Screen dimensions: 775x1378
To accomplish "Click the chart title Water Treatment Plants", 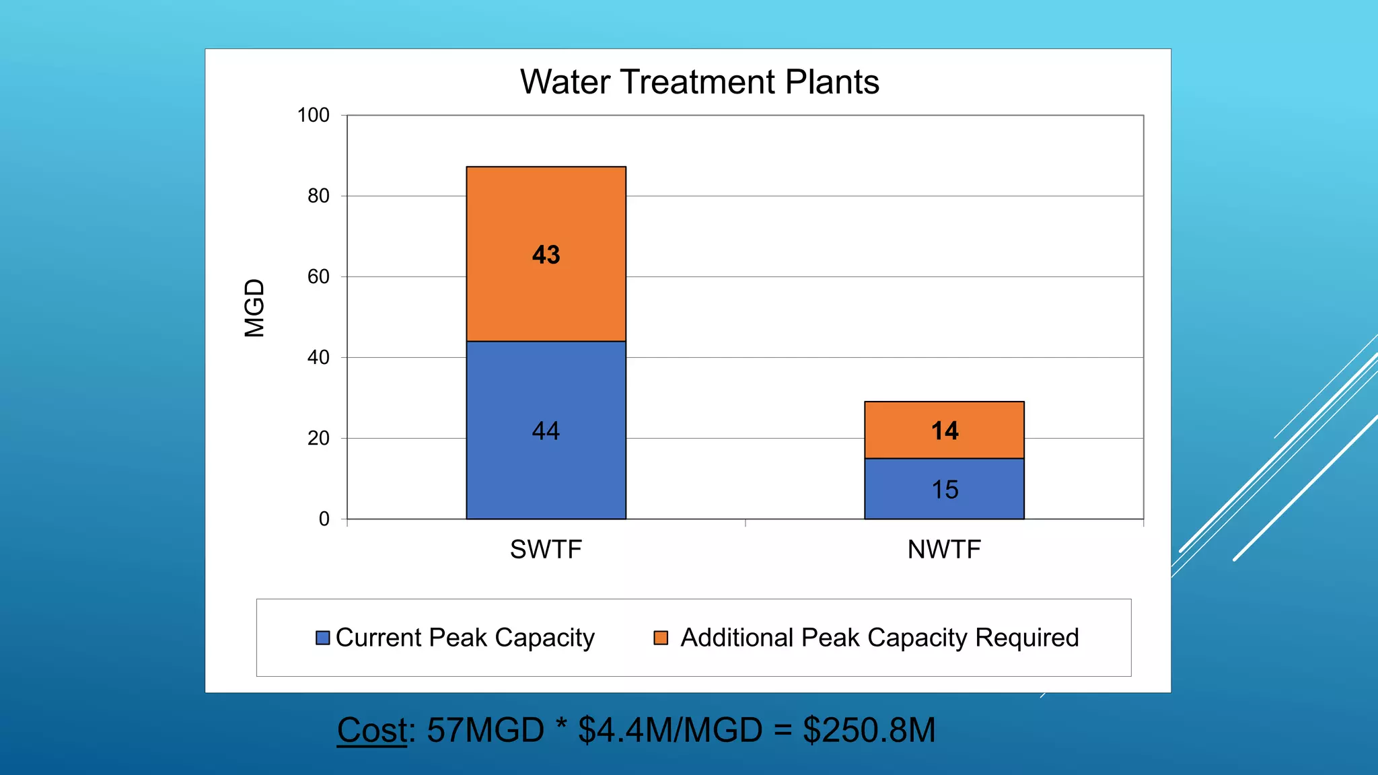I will coord(699,82).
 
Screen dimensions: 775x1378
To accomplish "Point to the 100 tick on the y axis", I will coord(314,115).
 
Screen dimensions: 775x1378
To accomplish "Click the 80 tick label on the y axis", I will coord(318,196).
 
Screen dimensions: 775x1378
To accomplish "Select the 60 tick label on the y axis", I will coord(318,276).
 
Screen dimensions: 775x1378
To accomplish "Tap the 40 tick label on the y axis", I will coord(318,357).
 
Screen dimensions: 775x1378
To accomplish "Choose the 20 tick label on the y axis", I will coord(318,438).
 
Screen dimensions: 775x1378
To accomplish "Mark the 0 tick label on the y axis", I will coord(324,519).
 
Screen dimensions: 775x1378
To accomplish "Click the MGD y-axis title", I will coord(254,308).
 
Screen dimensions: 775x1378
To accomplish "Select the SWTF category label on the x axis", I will coord(546,550).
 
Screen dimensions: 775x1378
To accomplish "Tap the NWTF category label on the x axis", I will coord(944,550).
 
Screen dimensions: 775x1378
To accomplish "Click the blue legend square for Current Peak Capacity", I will coord(323,638).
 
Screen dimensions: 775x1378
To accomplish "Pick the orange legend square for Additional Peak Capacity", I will coord(661,638).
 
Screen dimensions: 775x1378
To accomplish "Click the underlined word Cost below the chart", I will coord(372,730).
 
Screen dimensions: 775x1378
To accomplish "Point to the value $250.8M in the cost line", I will coord(869,730).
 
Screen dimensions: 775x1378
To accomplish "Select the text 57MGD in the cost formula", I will coord(485,730).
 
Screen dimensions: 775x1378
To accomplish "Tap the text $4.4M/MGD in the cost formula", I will coord(670,730).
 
